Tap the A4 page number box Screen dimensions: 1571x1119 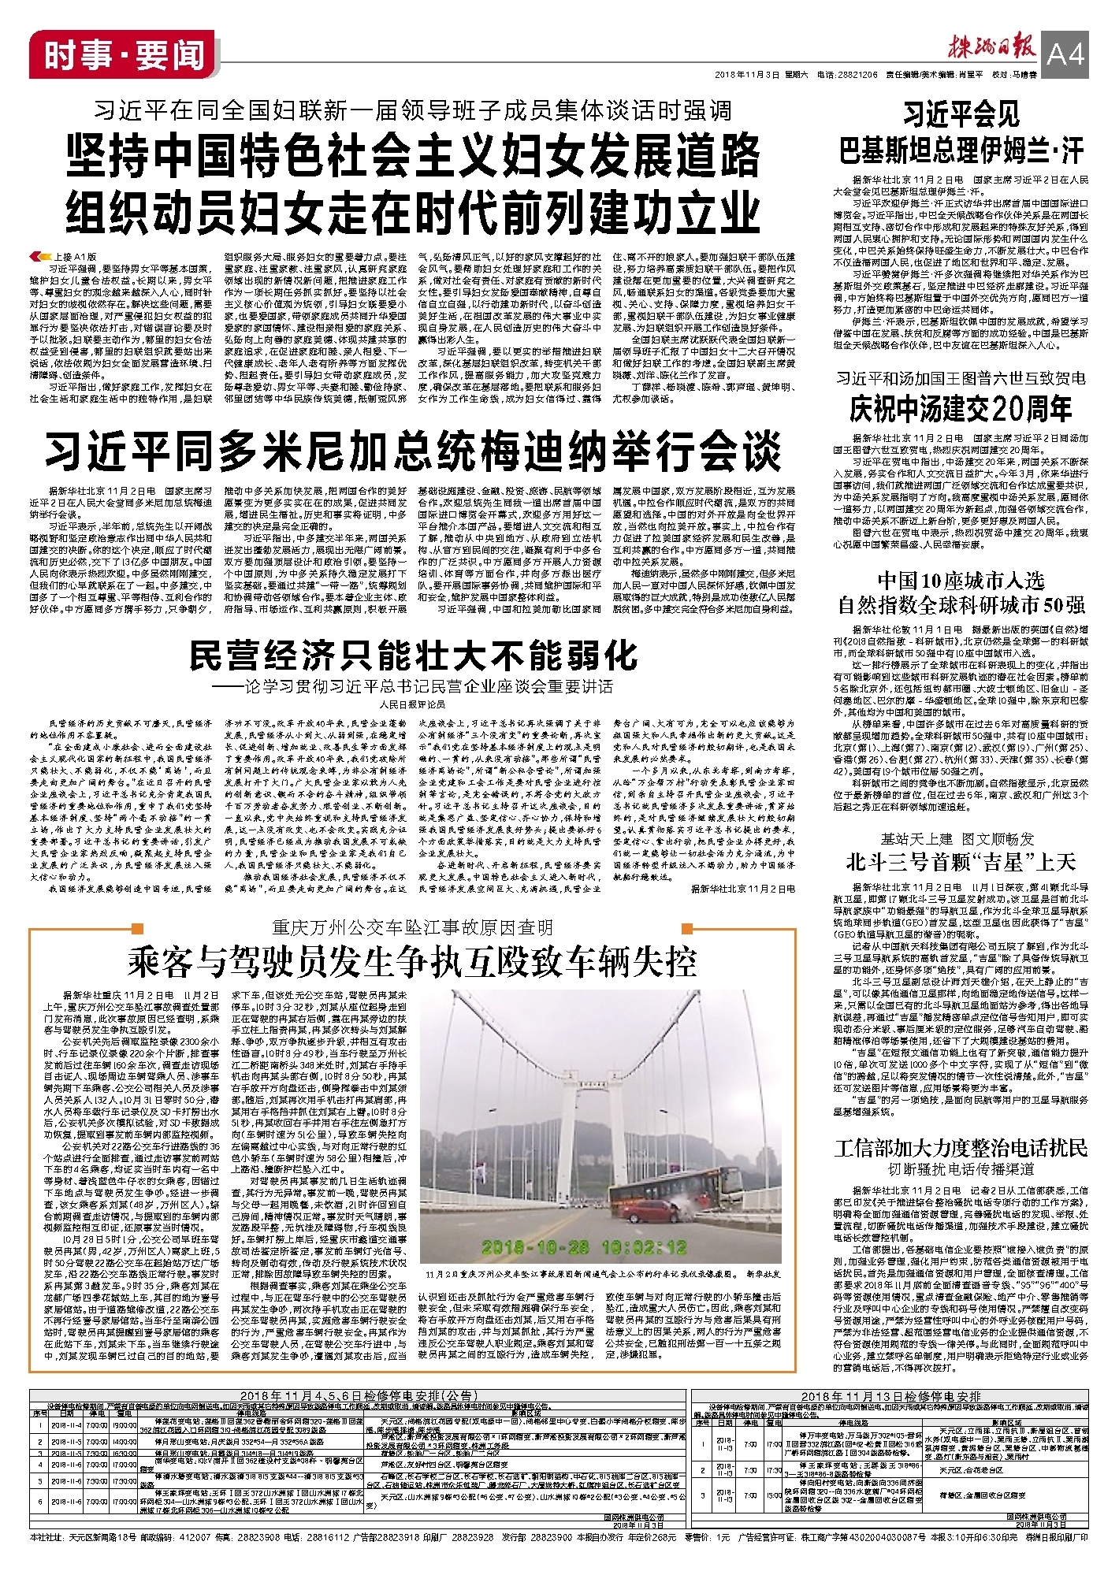(1065, 54)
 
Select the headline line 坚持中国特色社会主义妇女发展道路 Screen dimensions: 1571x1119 (413, 156)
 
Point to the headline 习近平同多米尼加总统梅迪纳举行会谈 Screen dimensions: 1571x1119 (413, 451)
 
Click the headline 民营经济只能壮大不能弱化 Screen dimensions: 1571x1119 (413, 656)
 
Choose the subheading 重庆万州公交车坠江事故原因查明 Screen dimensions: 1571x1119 (413, 927)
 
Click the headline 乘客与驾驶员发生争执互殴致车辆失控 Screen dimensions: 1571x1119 (413, 962)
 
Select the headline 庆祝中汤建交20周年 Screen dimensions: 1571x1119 (961, 409)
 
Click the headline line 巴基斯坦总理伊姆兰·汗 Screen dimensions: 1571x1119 (961, 150)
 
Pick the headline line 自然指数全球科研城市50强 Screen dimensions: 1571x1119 (961, 605)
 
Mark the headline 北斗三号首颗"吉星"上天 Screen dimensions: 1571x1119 (961, 862)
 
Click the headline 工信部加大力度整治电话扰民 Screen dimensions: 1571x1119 (961, 1147)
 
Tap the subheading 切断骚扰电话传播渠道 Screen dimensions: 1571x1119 (961, 1169)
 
